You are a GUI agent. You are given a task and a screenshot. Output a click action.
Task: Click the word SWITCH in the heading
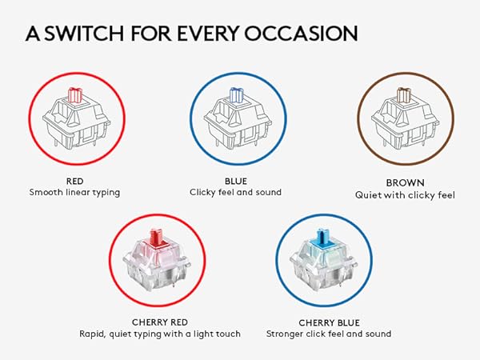coord(84,33)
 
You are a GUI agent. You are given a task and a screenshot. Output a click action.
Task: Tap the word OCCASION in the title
coord(301,33)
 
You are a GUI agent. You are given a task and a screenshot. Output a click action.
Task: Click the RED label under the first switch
coord(74,182)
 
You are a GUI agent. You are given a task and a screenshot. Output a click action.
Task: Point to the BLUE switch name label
coord(236,182)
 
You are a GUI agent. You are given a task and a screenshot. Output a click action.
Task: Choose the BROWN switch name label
coord(405,182)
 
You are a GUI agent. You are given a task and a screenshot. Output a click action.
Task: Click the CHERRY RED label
coord(160,322)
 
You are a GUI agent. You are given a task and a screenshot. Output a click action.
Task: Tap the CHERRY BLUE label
coord(329,323)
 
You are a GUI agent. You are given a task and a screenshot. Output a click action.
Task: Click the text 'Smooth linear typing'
coord(74,193)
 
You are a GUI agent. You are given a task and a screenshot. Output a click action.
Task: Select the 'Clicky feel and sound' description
coord(235,193)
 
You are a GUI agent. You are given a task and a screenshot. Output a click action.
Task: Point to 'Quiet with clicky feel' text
coord(405,195)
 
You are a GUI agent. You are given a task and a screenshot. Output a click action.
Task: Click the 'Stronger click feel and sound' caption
coord(329,334)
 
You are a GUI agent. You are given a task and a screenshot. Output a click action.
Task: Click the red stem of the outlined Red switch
coord(75,95)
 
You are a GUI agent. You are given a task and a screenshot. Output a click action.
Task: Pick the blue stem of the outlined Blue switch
coord(236,95)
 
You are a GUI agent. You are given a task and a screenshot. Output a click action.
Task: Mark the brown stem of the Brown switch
coord(404,95)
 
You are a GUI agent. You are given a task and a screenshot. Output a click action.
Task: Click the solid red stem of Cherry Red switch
coord(157,238)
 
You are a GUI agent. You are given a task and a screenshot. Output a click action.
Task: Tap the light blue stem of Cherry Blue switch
coord(324,238)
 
